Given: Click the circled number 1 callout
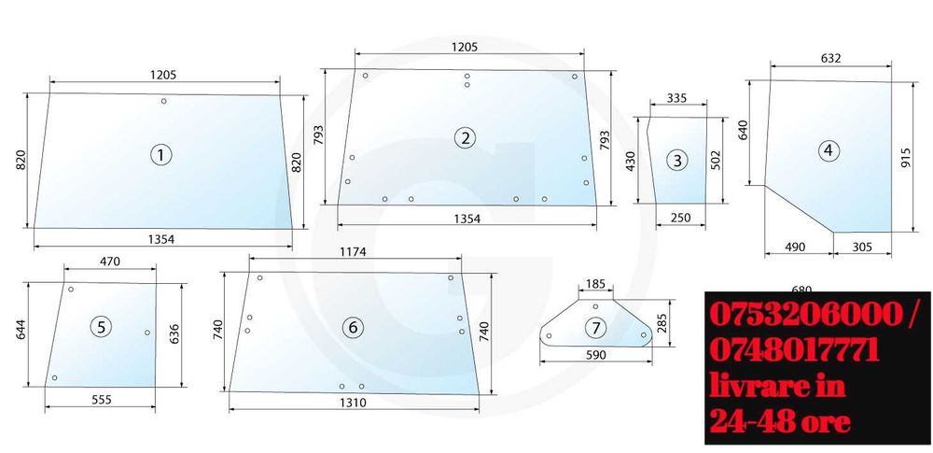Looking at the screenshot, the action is pos(160,156).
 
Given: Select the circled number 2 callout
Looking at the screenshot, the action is pos(465,138).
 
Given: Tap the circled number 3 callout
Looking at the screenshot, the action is pos(677,161).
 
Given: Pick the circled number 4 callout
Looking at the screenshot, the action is pos(829,150).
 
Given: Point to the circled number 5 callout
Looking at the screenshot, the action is pos(101,327).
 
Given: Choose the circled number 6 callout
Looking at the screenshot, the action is pos(353,327).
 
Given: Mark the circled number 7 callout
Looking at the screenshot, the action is pos(595,327).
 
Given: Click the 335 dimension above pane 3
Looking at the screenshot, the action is pos(676,98).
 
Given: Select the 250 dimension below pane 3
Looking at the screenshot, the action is pos(680,218).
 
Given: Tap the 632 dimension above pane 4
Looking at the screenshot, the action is pos(830,59).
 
